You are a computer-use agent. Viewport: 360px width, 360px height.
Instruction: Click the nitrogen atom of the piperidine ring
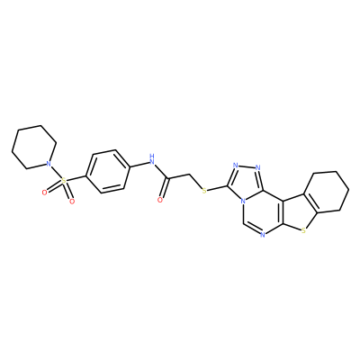click(47, 164)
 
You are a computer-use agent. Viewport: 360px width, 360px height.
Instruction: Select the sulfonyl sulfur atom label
click(63, 181)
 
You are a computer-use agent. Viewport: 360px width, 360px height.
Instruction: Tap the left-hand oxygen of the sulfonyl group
click(45, 193)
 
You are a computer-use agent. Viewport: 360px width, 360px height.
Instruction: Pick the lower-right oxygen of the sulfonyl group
click(72, 202)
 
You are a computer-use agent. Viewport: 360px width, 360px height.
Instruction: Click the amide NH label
click(152, 160)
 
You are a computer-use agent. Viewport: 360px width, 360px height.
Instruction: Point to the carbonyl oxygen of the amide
click(160, 200)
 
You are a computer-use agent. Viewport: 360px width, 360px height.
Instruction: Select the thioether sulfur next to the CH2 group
click(204, 191)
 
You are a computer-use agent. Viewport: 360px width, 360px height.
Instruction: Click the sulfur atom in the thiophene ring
click(304, 230)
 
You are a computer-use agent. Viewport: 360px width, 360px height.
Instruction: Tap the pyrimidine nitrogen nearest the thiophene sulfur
click(263, 235)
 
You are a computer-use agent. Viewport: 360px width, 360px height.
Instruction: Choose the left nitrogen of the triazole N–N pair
click(235, 166)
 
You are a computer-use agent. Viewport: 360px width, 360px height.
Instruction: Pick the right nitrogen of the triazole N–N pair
click(258, 167)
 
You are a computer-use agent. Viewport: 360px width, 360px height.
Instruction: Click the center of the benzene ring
click(108, 171)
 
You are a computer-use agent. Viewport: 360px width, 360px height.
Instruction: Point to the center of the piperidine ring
click(34, 148)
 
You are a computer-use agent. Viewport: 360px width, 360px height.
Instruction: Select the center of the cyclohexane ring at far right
click(327, 192)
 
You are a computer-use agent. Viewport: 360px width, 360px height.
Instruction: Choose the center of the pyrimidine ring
click(262, 212)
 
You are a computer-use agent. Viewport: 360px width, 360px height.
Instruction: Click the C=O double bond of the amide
click(164, 189)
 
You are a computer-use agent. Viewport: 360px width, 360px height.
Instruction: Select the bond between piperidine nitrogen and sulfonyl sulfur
click(55, 172)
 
